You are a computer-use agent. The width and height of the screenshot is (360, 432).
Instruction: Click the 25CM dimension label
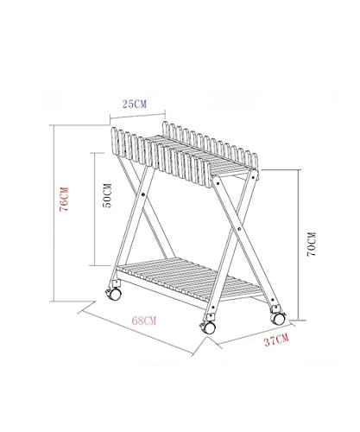tap(135, 104)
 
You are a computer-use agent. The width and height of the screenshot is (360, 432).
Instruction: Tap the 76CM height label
tap(64, 200)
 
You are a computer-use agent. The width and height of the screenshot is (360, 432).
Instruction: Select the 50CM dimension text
tap(107, 195)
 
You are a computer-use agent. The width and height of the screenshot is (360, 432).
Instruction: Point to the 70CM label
tap(312, 244)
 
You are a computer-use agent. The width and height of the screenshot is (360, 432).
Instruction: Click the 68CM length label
tap(144, 321)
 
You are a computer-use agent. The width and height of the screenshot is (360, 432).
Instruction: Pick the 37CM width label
tap(276, 340)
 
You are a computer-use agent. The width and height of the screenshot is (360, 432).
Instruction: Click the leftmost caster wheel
tap(114, 294)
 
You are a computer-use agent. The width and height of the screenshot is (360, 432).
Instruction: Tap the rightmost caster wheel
tap(278, 318)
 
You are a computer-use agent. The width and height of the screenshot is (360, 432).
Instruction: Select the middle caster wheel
tap(208, 327)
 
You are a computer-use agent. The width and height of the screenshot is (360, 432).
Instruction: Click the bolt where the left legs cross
tap(143, 194)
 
